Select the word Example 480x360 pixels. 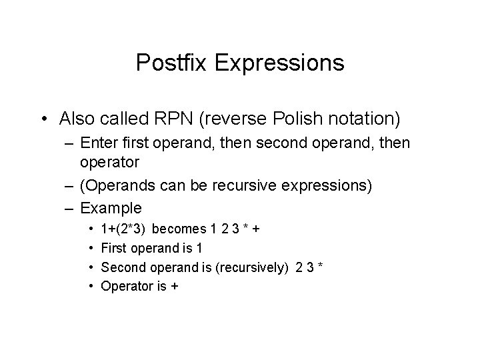111,208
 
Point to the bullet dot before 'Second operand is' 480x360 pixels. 91,267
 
